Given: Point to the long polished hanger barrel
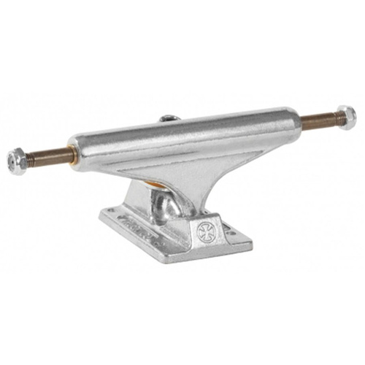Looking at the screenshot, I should (x=182, y=135).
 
